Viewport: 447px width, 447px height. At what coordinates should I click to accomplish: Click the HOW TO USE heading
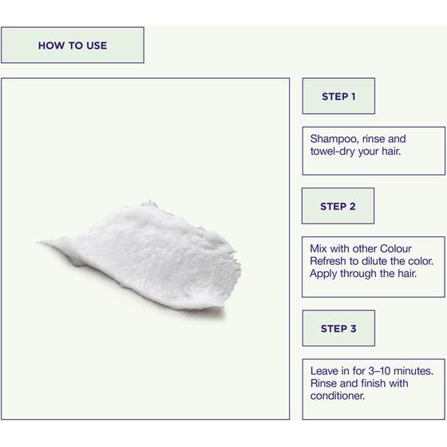click(x=73, y=45)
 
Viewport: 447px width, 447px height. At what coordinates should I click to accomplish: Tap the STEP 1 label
click(x=338, y=97)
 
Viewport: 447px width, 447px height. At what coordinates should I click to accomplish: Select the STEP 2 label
click(x=338, y=206)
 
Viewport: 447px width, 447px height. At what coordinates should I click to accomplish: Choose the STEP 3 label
click(x=338, y=328)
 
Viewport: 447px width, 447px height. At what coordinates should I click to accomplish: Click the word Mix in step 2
click(x=318, y=248)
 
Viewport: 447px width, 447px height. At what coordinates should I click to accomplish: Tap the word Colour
click(x=396, y=248)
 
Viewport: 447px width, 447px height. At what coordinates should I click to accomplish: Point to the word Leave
click(x=324, y=371)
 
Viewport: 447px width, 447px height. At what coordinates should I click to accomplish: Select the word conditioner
click(x=338, y=396)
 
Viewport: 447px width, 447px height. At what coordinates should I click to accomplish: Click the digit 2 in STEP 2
click(x=352, y=206)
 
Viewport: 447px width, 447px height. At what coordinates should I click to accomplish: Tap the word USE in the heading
click(x=97, y=45)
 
